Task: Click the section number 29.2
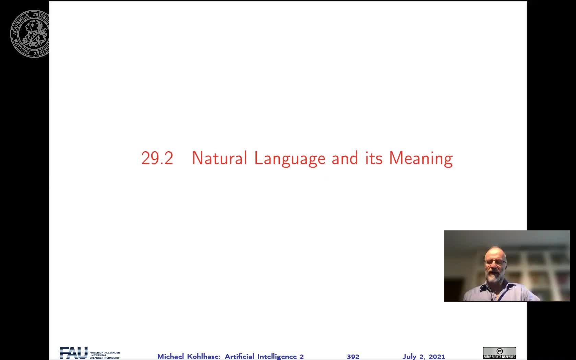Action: pos(157,158)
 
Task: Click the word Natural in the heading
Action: pos(219,158)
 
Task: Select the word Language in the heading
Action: pos(290,159)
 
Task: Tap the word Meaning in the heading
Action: pos(421,159)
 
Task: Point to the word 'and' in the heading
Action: pos(345,158)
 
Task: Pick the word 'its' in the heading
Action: pos(374,158)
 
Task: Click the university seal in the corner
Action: pos(30,34)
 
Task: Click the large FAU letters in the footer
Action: pos(73,352)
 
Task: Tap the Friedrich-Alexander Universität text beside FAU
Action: pos(104,355)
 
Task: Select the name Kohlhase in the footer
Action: pos(204,357)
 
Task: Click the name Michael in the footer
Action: pos(170,357)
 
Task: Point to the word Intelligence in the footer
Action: pos(277,357)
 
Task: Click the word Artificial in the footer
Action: pos(239,357)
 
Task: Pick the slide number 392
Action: pos(353,357)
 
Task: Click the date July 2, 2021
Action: pos(423,357)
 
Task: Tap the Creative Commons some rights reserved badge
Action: pos(499,353)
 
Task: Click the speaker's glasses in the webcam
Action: pos(495,262)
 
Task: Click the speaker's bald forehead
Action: pos(495,253)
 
